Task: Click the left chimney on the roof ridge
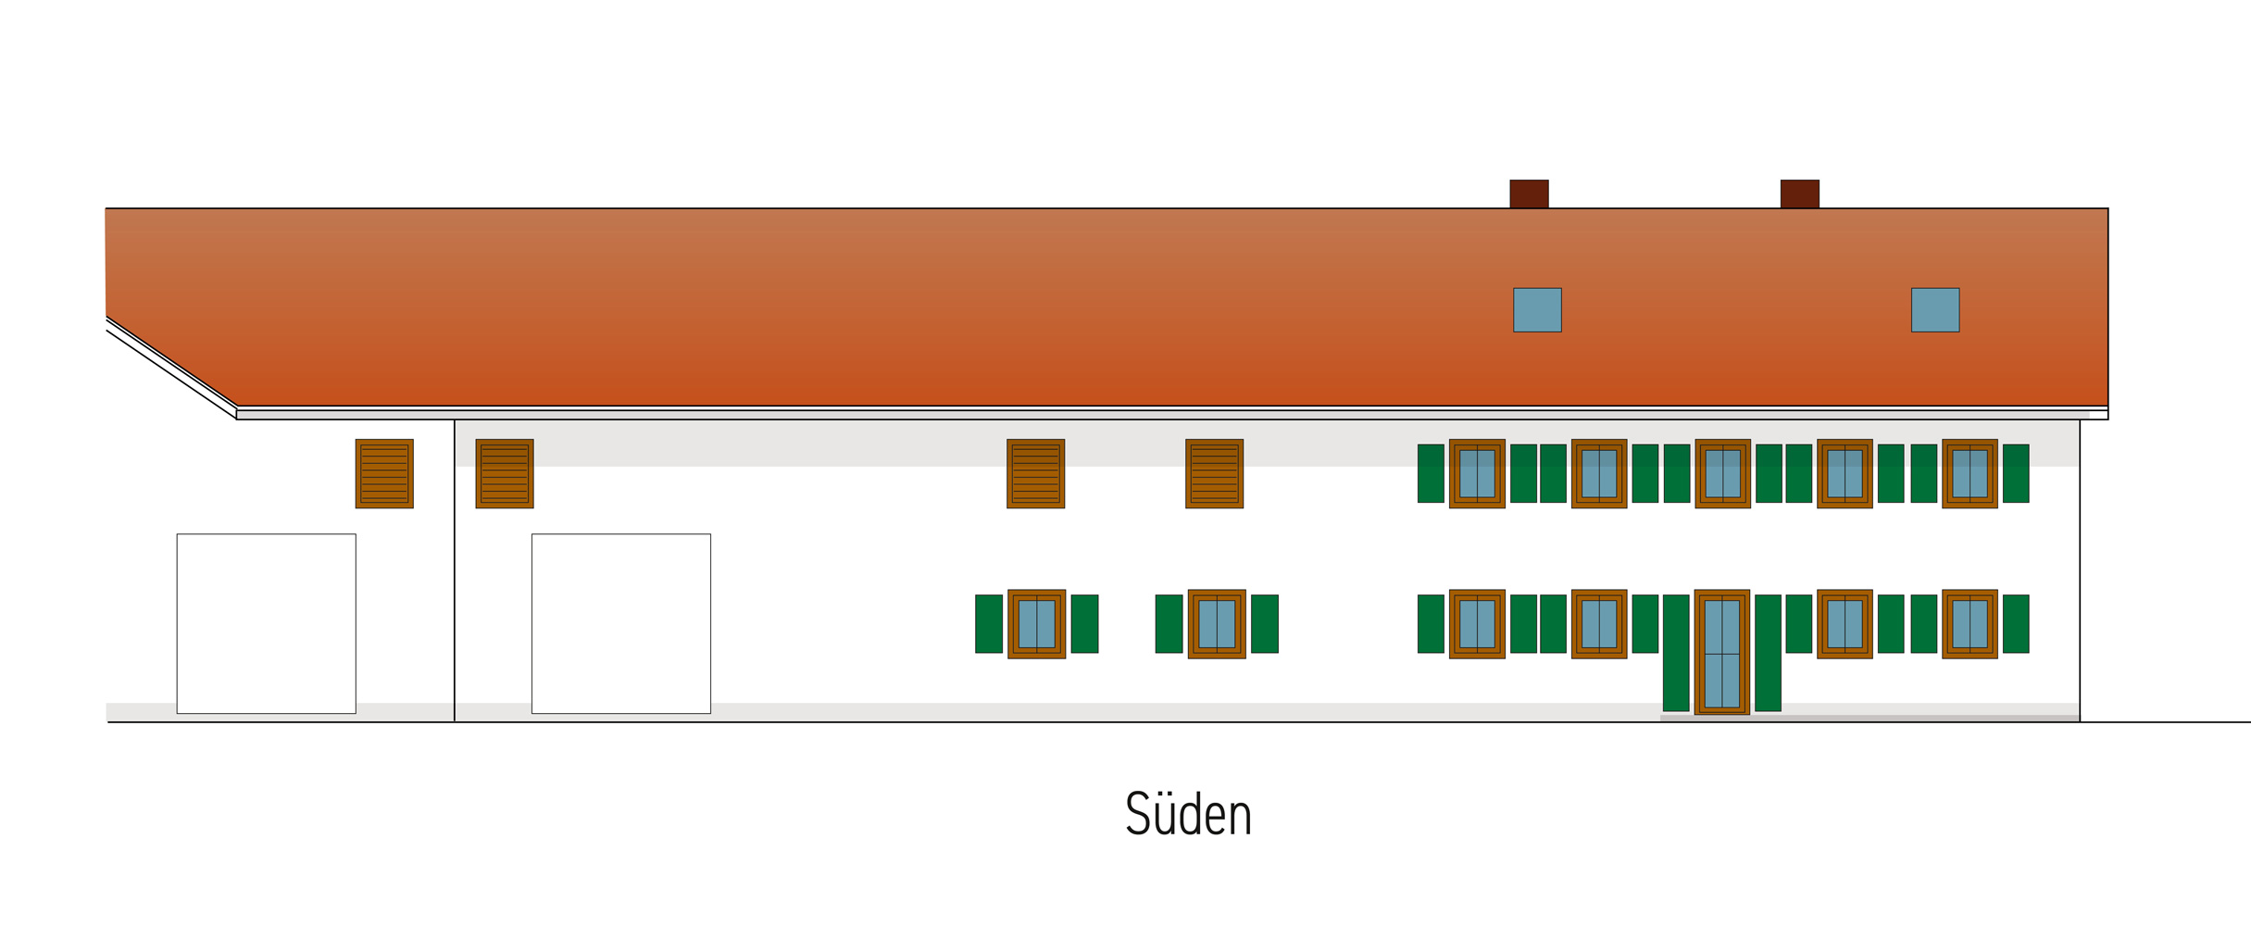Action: click(1529, 194)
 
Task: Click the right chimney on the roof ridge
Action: click(1799, 194)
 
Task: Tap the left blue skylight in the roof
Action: click(1537, 309)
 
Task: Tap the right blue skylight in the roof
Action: click(1935, 309)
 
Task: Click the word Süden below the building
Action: click(1188, 814)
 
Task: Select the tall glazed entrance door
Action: click(1722, 652)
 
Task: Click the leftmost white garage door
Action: click(267, 623)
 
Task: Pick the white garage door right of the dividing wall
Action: click(621, 623)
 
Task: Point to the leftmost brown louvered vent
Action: click(384, 473)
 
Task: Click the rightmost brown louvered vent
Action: click(1214, 473)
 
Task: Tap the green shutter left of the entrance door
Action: click(1676, 653)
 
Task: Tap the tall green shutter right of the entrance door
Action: click(1768, 653)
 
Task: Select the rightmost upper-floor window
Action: click(1970, 473)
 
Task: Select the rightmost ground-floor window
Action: click(1970, 624)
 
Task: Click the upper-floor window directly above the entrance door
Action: click(1722, 473)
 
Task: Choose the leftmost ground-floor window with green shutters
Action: click(1036, 624)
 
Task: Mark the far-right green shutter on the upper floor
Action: click(2016, 473)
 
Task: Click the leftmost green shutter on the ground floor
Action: click(989, 624)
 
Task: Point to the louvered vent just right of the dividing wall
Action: click(505, 473)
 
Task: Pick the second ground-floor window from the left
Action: click(1217, 624)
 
